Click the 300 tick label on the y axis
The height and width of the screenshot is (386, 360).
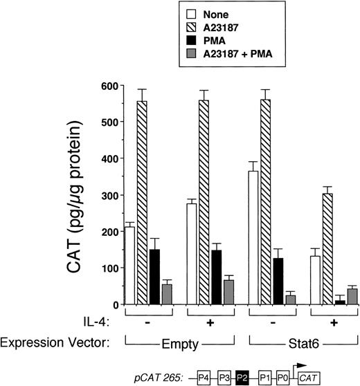pyautogui.click(x=102, y=195)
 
